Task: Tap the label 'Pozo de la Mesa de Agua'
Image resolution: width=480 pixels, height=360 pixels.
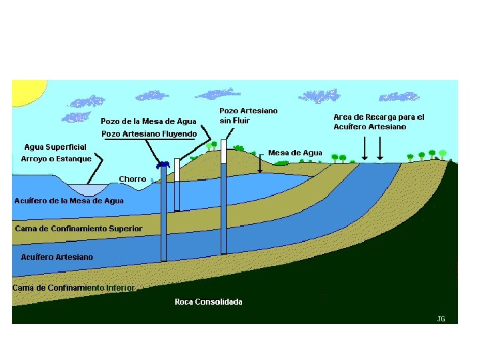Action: click(149, 121)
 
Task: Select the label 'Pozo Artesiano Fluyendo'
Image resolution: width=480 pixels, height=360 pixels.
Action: click(149, 133)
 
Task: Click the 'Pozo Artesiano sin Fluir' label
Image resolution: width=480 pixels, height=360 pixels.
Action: click(248, 115)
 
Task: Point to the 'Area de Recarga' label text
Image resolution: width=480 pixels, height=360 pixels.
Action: click(379, 121)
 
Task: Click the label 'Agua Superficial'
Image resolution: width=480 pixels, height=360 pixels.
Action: click(55, 147)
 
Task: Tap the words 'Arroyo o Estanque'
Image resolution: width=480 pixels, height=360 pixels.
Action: click(56, 159)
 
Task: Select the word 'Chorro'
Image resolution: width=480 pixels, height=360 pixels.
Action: click(133, 179)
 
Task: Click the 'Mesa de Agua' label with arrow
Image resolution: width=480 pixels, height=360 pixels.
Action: click(295, 153)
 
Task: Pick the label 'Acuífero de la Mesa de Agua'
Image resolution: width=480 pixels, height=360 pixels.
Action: click(69, 201)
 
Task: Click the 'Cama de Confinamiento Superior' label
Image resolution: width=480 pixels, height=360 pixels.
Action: click(79, 229)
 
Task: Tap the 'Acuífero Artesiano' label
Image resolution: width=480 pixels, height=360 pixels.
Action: click(57, 257)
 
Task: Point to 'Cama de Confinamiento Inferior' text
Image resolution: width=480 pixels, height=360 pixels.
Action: click(73, 287)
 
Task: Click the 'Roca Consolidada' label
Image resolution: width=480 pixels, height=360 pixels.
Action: click(209, 302)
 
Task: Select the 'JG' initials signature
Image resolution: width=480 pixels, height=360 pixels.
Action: click(441, 319)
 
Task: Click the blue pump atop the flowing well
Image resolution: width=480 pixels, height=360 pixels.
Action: click(162, 164)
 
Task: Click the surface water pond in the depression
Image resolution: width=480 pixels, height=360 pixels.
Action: click(87, 189)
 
